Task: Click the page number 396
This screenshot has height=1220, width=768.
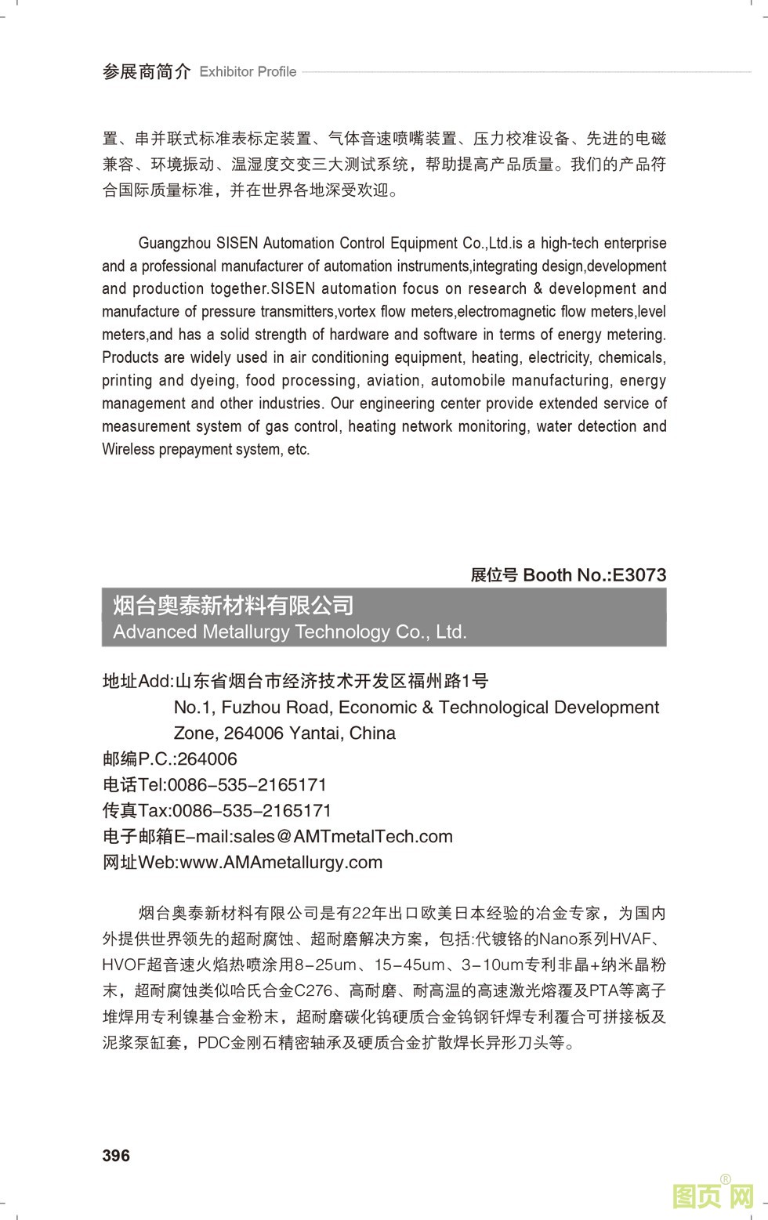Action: click(116, 1155)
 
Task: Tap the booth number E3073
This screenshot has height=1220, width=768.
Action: click(639, 574)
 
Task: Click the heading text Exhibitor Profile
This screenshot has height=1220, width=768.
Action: click(248, 71)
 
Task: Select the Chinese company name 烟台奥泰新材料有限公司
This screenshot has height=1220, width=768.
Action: click(233, 605)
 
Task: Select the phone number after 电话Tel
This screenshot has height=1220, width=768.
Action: click(247, 784)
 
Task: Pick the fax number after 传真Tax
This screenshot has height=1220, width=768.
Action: click(251, 810)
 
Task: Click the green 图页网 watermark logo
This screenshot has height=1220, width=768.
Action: click(712, 1195)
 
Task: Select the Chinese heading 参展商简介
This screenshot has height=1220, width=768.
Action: click(146, 71)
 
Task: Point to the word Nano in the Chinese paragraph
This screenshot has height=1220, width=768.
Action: click(557, 939)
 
